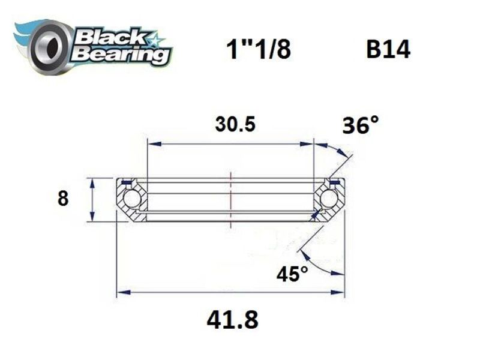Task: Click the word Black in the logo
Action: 111,37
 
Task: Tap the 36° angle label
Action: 361,125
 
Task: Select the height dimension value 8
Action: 63,199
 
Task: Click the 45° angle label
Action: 292,274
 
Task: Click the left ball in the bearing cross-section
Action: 131,199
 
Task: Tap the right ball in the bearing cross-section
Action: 329,199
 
